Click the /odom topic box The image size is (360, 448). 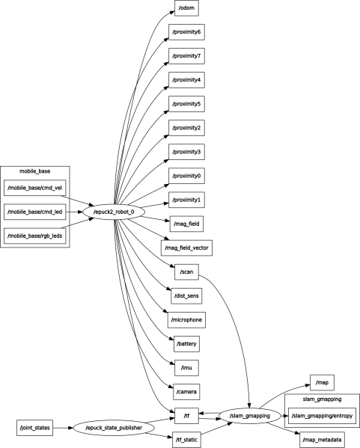click(x=187, y=9)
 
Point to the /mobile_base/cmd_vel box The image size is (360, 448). click(x=34, y=188)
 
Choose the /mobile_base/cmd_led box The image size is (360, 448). click(x=34, y=212)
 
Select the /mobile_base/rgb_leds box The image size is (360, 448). click(x=34, y=236)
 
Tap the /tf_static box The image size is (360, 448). click(x=186, y=440)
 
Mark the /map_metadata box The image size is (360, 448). click(x=323, y=440)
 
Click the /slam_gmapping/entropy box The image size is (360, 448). click(x=323, y=415)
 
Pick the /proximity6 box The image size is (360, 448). click(x=186, y=33)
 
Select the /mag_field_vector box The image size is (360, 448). click(x=187, y=247)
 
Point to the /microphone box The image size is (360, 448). click(x=186, y=320)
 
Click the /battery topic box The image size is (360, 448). click(x=186, y=344)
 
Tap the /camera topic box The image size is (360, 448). click(x=186, y=392)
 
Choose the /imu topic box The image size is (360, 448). click(x=186, y=368)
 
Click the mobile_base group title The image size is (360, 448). click(x=34, y=172)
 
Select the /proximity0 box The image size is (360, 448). click(x=186, y=177)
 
